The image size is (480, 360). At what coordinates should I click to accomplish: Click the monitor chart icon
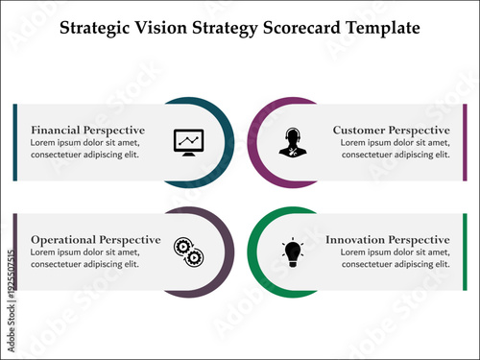click(x=188, y=141)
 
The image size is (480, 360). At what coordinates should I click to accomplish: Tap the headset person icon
click(x=292, y=142)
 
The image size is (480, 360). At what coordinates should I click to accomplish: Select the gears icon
click(x=187, y=252)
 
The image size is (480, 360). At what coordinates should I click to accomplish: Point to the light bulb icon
click(x=293, y=252)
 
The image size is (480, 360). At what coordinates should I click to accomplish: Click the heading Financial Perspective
click(x=88, y=130)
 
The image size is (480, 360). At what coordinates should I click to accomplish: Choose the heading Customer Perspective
click(x=391, y=130)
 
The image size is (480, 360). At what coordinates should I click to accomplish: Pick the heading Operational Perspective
click(x=96, y=239)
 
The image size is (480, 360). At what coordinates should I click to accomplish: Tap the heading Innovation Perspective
click(x=388, y=239)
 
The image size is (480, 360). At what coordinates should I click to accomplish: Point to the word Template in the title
click(x=385, y=27)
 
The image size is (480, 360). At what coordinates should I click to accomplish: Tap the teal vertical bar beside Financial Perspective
click(x=15, y=142)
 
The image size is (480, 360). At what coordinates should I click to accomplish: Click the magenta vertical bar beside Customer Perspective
click(x=465, y=142)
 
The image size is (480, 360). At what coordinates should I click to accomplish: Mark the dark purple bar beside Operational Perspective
click(x=15, y=252)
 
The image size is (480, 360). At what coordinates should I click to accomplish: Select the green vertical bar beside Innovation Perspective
click(x=465, y=252)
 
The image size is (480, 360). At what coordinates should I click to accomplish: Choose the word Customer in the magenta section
click(x=362, y=130)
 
